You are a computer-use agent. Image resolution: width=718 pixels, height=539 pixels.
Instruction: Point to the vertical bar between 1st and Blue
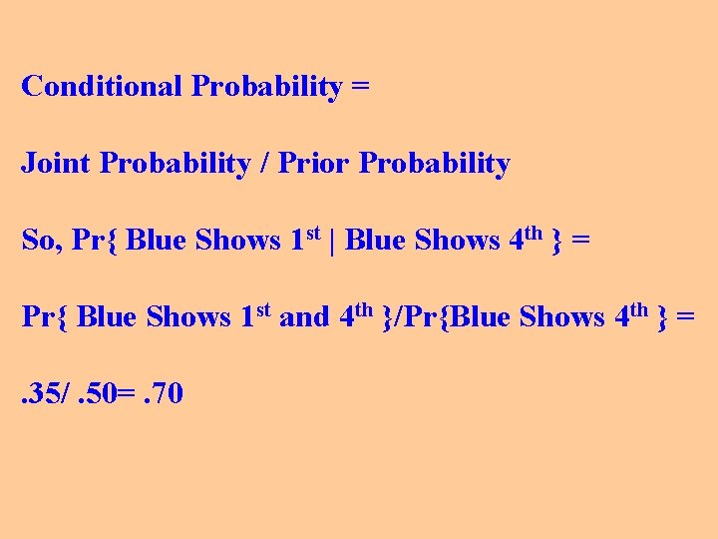coord(332,241)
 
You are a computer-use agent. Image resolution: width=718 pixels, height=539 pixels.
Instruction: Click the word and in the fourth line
coord(304,317)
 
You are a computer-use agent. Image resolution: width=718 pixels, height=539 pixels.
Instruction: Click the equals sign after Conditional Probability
coord(360,86)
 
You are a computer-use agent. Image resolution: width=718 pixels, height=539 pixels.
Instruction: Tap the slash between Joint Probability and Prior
coord(263,164)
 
